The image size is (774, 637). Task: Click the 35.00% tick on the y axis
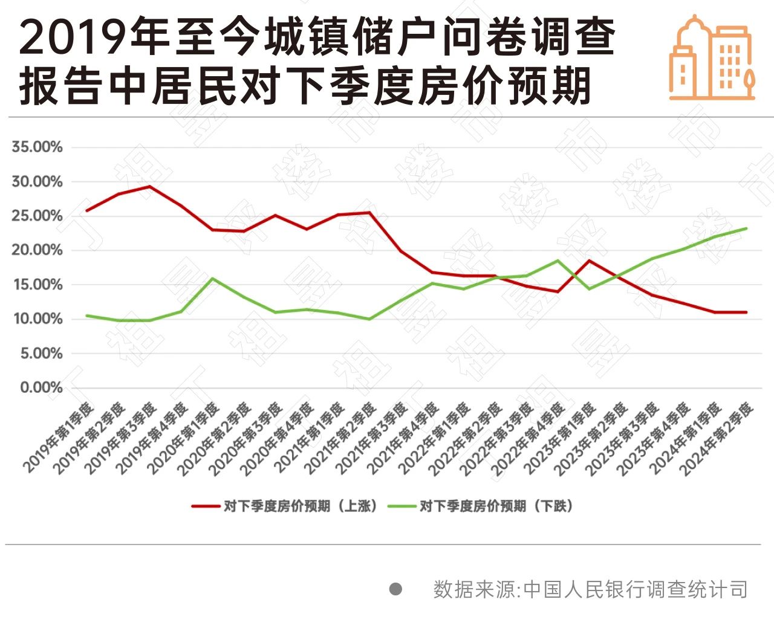[x=37, y=147]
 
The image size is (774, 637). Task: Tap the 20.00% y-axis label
[x=37, y=250]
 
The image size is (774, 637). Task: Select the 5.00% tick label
[x=41, y=354]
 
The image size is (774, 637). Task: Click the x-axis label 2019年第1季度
[x=59, y=436]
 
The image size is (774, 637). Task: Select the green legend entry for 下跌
[x=481, y=506]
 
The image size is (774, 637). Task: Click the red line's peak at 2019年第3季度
[x=149, y=187]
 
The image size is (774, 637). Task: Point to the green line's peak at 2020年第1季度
[x=212, y=279]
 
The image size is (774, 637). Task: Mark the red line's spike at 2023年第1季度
[x=589, y=260]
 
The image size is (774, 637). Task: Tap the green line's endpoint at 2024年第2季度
[x=746, y=228]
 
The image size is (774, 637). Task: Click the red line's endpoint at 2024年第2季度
[x=746, y=312]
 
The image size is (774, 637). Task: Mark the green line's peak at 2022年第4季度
[x=558, y=260]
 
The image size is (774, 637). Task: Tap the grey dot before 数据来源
[x=395, y=589]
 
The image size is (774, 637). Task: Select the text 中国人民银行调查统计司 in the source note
[x=636, y=589]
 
